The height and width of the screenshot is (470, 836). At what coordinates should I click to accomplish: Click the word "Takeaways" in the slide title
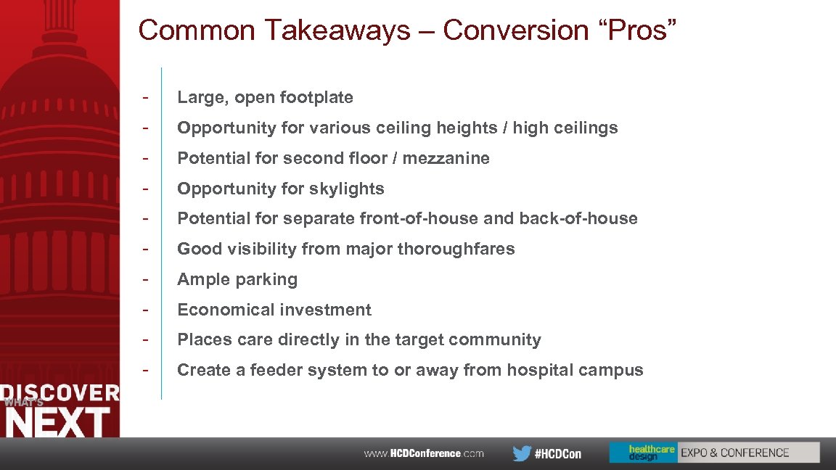pos(337,30)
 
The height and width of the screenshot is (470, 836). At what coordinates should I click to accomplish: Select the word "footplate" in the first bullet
pos(316,97)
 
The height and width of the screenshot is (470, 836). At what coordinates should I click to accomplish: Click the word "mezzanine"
pos(446,158)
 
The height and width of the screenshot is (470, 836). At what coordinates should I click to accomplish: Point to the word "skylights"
pos(345,189)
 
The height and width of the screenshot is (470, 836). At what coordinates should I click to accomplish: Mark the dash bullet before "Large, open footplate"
pos(147,97)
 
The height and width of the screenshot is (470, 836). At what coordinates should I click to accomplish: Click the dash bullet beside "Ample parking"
pos(147,279)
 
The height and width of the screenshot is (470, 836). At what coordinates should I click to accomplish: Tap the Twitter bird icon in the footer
pos(521,453)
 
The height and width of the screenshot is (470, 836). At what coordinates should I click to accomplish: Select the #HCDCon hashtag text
pos(558,453)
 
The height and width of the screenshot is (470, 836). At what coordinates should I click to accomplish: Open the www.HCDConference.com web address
pos(424,453)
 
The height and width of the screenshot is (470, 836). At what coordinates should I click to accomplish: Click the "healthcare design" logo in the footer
pos(643,453)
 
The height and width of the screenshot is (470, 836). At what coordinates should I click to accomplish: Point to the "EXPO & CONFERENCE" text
pos(734,453)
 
